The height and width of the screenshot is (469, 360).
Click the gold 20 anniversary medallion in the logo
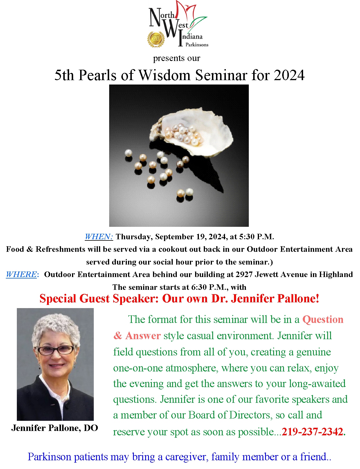[x=156, y=39]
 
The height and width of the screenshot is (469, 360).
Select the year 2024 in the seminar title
[x=289, y=75]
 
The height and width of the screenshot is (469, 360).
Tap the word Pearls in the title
[x=98, y=75]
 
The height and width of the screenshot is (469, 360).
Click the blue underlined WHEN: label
[x=99, y=237]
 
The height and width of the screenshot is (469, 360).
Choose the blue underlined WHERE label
[x=21, y=275]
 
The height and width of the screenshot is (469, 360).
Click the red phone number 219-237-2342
[x=312, y=432]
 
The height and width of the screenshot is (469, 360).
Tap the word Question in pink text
[x=323, y=319]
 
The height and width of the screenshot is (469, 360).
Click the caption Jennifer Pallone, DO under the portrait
[x=55, y=428]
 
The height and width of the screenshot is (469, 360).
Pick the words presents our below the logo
[x=177, y=58]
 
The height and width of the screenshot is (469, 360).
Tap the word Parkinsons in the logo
[x=197, y=45]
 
